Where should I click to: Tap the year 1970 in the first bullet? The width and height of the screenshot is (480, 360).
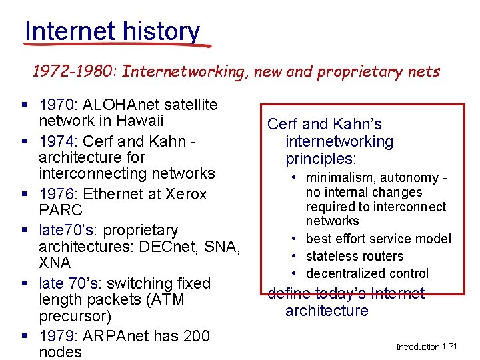[x=58, y=105]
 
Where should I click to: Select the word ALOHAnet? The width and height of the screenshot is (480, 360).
[x=117, y=105]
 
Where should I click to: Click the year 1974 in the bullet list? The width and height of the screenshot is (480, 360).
[x=58, y=141]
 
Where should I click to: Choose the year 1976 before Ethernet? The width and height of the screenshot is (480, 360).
[x=58, y=194]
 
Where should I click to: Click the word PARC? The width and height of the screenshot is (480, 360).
[x=60, y=211]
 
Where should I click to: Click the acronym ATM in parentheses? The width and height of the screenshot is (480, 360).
[x=167, y=300]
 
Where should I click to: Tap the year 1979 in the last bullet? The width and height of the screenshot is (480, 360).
[x=58, y=335]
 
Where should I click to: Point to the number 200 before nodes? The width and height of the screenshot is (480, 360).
[x=196, y=335]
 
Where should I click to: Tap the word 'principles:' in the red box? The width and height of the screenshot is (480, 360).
[x=321, y=159]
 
